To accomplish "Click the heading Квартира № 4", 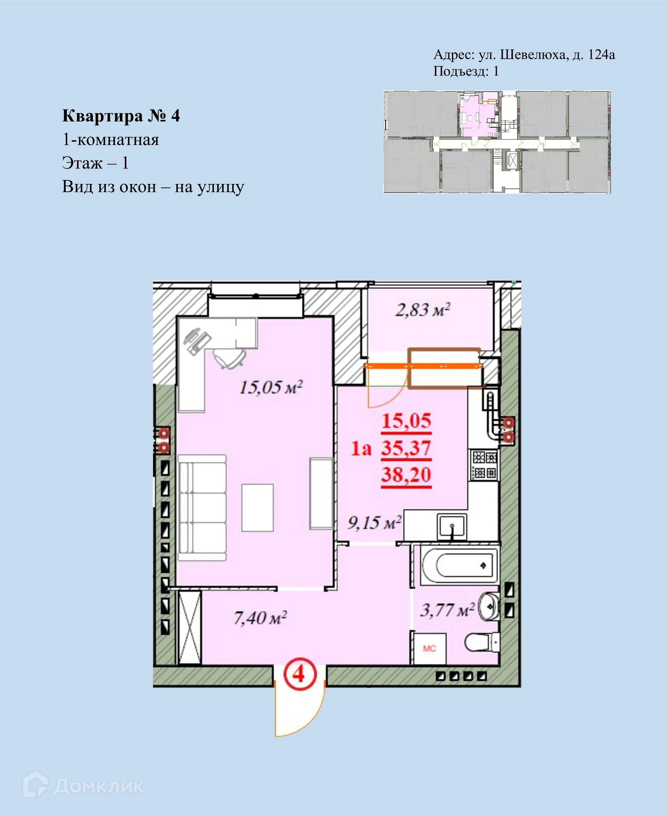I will (121, 116).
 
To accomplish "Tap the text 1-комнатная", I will (110, 139).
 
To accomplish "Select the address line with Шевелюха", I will (524, 55).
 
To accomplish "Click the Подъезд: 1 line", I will (466, 71).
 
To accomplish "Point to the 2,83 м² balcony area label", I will (422, 310).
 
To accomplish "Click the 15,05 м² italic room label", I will (271, 387).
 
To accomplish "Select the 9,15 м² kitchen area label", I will (374, 523).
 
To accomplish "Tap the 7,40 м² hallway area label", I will (260, 618).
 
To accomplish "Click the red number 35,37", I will (406, 449).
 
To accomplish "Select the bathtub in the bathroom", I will (459, 565).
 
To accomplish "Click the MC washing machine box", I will (429, 649).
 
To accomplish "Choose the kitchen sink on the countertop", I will (452, 526).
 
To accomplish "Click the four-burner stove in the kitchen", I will (484, 465).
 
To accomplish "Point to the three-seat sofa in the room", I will (202, 508).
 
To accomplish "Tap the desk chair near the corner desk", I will (230, 358).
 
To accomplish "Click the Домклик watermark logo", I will (83, 787).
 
